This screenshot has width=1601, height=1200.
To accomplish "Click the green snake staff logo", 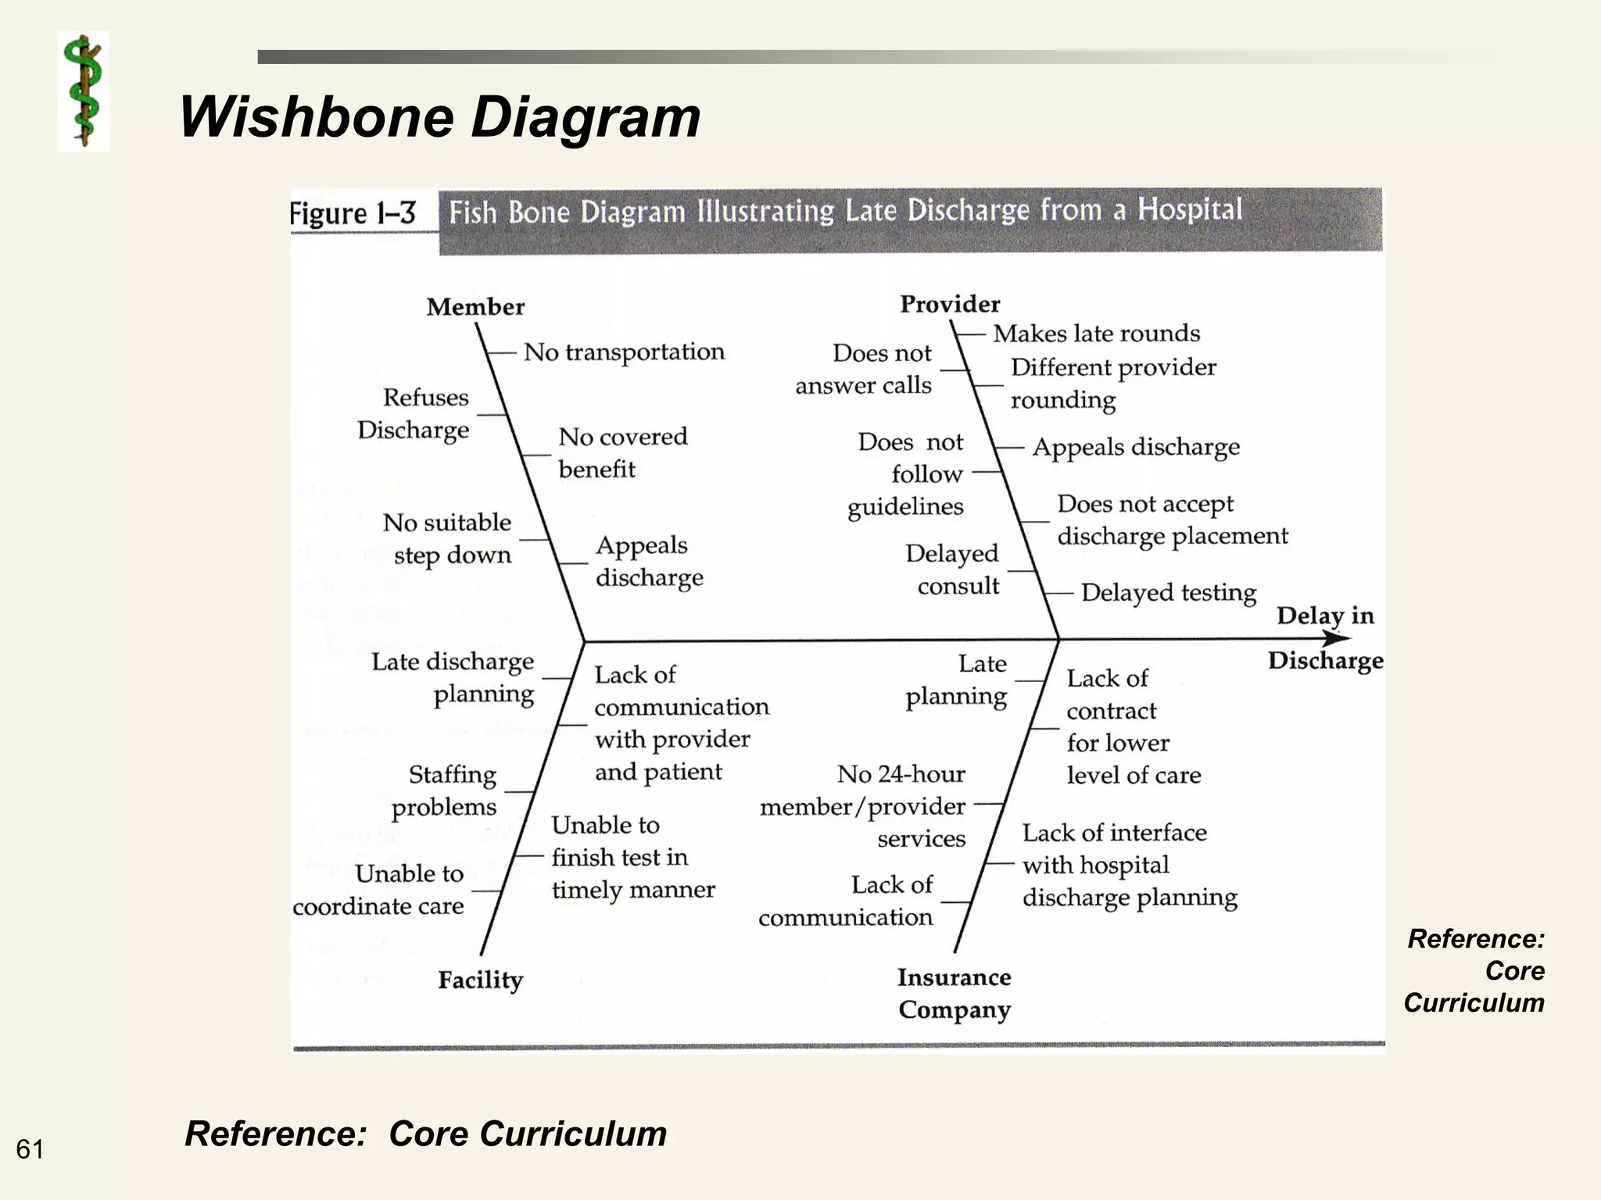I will pyautogui.click(x=84, y=91).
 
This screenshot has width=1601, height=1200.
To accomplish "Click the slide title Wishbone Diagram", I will pyautogui.click(x=439, y=117).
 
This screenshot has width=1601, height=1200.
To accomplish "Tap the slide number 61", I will pyautogui.click(x=30, y=1149).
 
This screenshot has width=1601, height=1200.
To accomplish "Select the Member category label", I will pyautogui.click(x=475, y=307).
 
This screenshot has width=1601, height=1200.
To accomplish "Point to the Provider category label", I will pyautogui.click(x=950, y=304).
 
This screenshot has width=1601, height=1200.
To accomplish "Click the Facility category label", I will pyautogui.click(x=480, y=980).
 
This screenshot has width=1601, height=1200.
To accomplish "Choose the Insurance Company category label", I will pyautogui.click(x=955, y=993).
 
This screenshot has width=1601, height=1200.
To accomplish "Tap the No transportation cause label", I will pyautogui.click(x=624, y=352).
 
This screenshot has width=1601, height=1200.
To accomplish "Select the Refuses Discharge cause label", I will pyautogui.click(x=414, y=414).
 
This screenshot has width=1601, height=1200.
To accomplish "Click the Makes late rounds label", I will pyautogui.click(x=1096, y=334).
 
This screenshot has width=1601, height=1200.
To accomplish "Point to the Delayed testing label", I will pyautogui.click(x=1169, y=593).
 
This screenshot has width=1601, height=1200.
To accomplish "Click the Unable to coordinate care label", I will pyautogui.click(x=380, y=890).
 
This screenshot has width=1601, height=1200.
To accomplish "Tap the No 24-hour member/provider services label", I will pyautogui.click(x=864, y=806).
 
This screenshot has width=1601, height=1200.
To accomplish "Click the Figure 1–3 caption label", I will pyautogui.click(x=353, y=213).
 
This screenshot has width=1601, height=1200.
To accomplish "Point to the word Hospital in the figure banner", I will pyautogui.click(x=1189, y=209).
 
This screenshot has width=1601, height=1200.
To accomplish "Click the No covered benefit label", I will pyautogui.click(x=622, y=452).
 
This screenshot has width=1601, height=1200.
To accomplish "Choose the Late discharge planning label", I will pyautogui.click(x=453, y=678).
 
